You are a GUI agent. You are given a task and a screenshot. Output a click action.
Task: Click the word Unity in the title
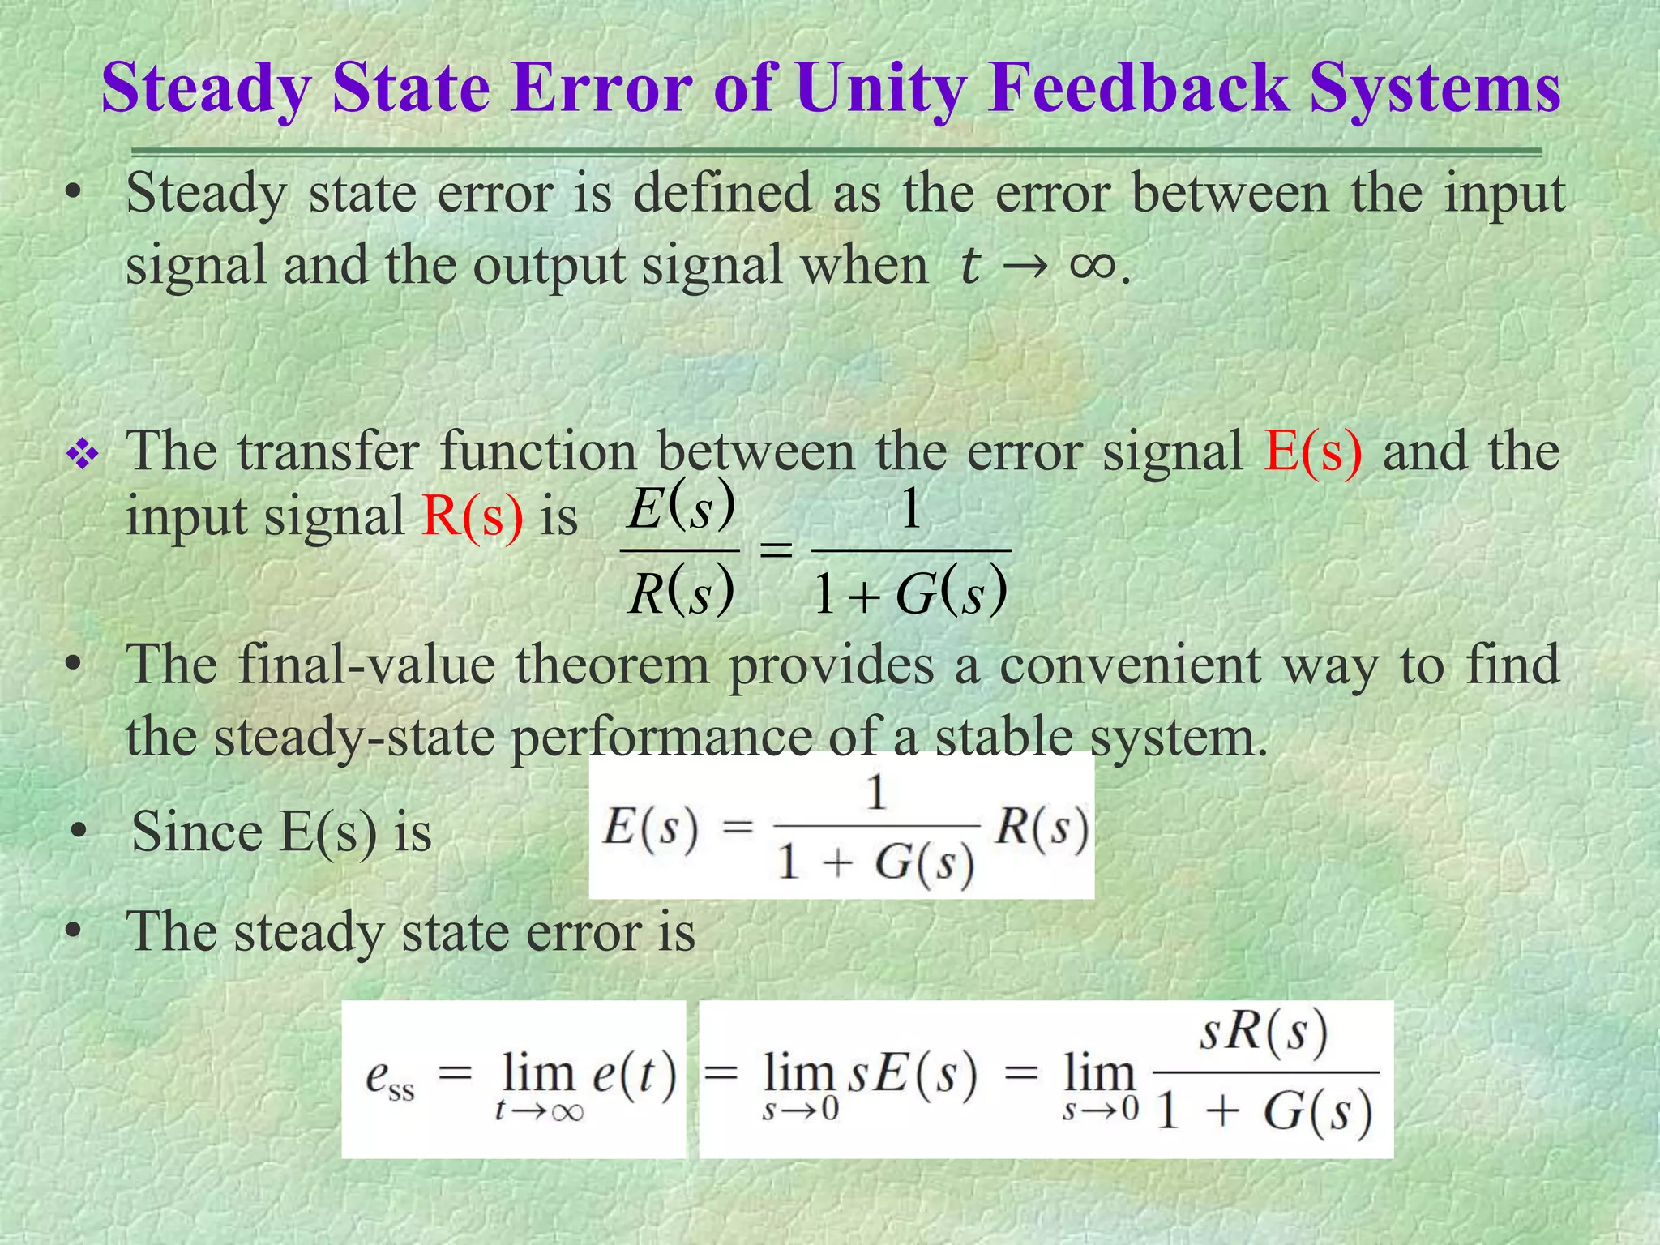tap(880, 89)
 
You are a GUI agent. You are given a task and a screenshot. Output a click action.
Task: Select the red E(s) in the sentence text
tap(1313, 451)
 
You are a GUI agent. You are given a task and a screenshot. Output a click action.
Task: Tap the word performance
tap(661, 738)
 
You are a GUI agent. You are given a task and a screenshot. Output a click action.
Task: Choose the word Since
tap(197, 832)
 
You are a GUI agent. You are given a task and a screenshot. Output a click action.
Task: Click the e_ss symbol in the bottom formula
tap(390, 1078)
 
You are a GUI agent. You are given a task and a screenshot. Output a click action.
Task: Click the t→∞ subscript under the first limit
tap(539, 1110)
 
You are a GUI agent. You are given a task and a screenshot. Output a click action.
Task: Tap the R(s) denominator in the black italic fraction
tap(681, 593)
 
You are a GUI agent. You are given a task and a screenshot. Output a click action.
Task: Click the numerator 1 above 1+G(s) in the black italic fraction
tap(911, 511)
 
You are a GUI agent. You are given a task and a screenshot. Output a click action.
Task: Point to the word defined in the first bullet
tap(722, 195)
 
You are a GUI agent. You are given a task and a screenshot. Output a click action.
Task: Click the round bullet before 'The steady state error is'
tap(74, 932)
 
